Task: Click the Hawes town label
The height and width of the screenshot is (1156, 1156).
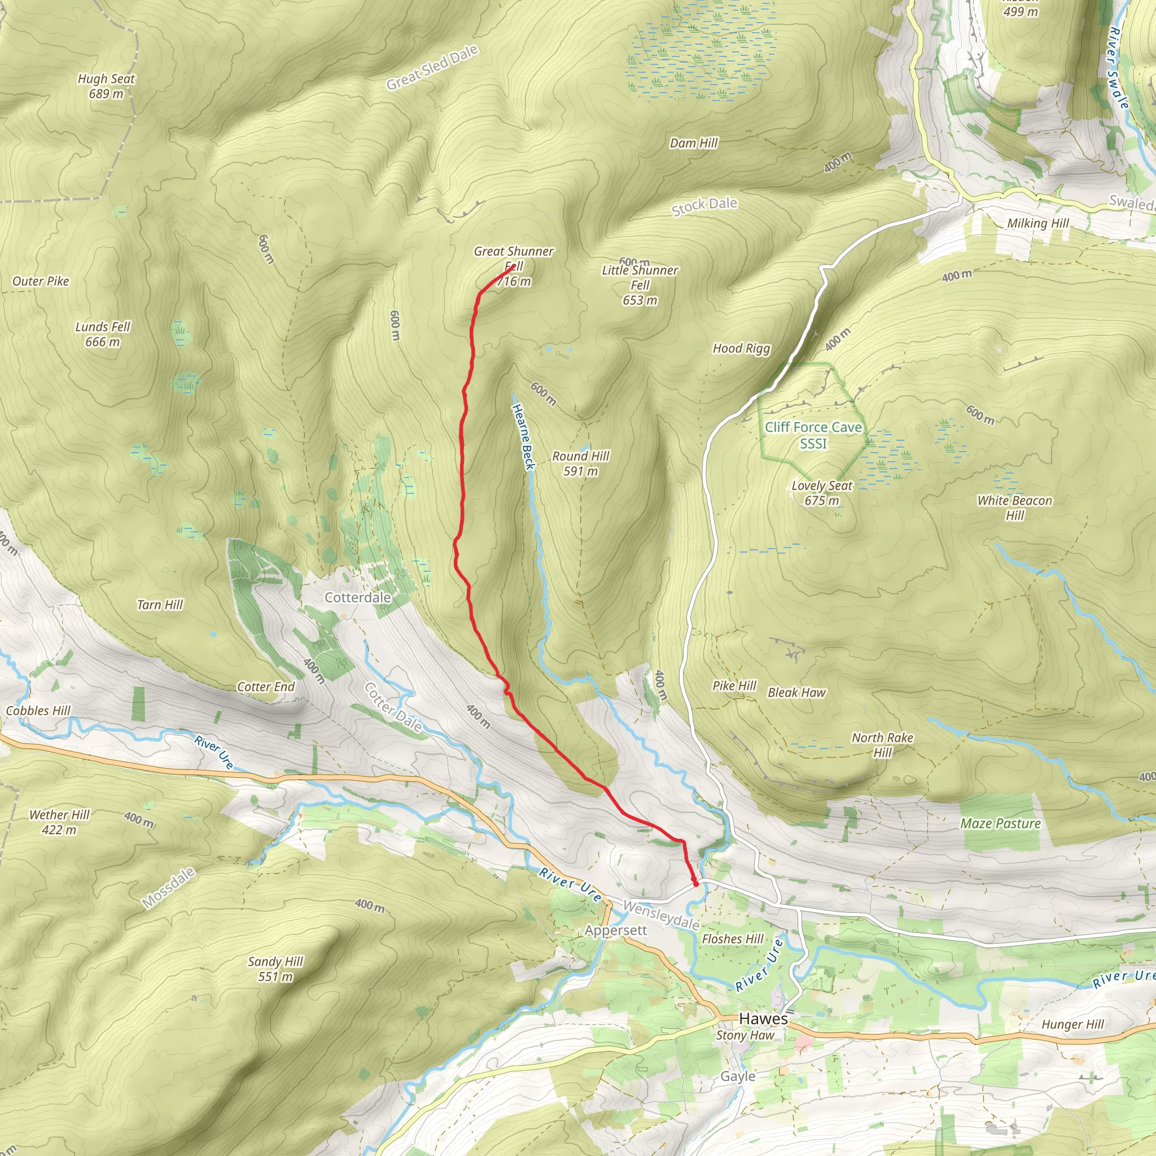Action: tap(763, 1018)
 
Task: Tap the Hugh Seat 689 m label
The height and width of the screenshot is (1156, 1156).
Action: tap(106, 86)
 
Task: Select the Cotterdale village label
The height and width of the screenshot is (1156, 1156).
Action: tap(357, 597)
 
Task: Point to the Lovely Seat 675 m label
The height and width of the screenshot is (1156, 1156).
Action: tap(821, 493)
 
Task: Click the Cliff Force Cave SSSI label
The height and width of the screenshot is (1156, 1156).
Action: tap(813, 435)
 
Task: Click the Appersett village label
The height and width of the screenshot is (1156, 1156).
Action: tap(616, 930)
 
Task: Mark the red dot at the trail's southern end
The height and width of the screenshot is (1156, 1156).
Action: tap(695, 883)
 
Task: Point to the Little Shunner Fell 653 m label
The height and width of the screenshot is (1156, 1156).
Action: tap(640, 285)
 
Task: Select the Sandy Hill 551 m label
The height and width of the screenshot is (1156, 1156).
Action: tap(275, 969)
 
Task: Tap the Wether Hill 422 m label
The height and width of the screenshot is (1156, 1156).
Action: tap(59, 821)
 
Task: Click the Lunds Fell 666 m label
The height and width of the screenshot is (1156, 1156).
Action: tap(102, 334)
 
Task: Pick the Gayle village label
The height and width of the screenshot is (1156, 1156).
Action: tap(737, 1076)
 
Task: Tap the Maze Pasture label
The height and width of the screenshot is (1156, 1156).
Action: tap(1000, 824)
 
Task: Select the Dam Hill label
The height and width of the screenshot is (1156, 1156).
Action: tap(694, 143)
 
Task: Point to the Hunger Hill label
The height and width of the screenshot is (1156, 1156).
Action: tap(1072, 1024)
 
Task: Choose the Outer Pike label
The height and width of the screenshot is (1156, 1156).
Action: tap(41, 281)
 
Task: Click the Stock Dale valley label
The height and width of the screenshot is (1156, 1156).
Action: tap(704, 205)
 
